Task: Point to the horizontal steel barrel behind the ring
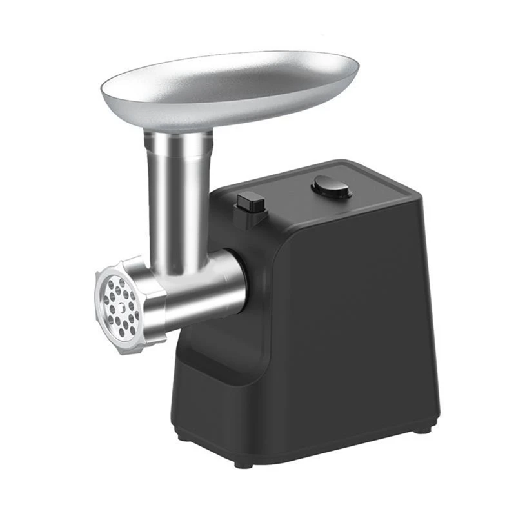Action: tap(206, 287)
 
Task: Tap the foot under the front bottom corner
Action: tap(243, 463)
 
